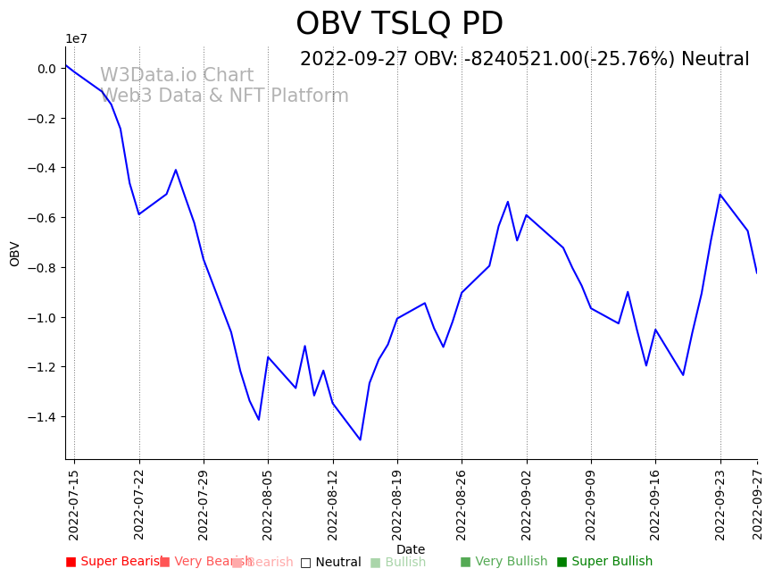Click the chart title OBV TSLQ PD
(399, 24)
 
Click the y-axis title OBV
(15, 254)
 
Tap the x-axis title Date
(411, 549)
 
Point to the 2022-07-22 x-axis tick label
(139, 505)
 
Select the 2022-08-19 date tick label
(397, 505)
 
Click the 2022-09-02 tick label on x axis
(527, 505)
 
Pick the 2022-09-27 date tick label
(758, 505)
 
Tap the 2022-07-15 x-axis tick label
(74, 505)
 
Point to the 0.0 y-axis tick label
(46, 69)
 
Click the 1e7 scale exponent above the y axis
(77, 38)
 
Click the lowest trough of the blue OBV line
(361, 439)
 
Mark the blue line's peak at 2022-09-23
(720, 194)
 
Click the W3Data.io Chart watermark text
(177, 76)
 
